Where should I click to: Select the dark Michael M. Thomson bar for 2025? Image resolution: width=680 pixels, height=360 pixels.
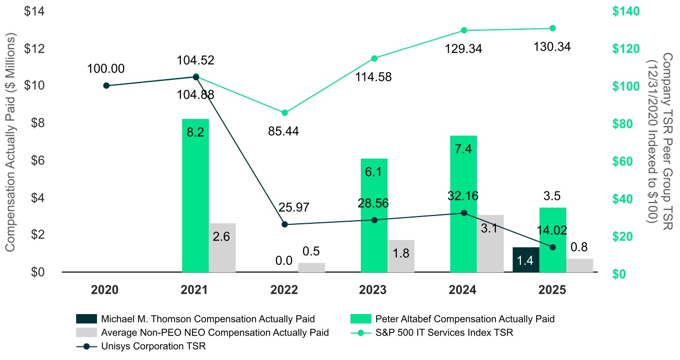(x=526, y=259)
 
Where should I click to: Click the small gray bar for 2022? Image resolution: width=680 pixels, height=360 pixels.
(x=311, y=267)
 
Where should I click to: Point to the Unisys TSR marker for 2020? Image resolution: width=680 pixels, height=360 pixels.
(x=106, y=86)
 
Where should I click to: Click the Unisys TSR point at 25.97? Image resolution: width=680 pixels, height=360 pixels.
(x=285, y=224)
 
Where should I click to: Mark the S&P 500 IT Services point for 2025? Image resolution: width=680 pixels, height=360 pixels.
(x=553, y=28)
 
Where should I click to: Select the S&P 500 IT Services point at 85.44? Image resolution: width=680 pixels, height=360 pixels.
(x=285, y=113)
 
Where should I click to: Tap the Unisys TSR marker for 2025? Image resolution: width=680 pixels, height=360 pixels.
(x=553, y=247)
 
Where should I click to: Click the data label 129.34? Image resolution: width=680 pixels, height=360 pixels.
(x=464, y=49)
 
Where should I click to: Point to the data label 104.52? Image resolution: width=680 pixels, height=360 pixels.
(x=196, y=60)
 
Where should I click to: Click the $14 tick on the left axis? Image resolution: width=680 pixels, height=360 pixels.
(x=35, y=11)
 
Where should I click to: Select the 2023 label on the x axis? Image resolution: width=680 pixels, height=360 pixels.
(x=374, y=290)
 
